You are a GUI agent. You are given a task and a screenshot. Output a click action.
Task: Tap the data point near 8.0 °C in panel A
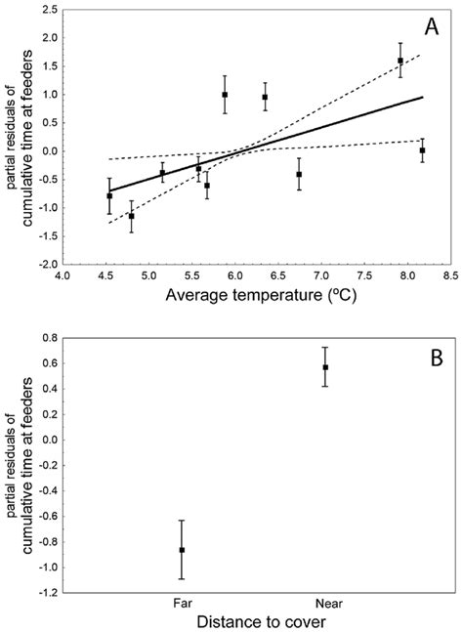tap(400, 61)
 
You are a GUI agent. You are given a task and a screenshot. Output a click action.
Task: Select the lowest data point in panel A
tap(131, 216)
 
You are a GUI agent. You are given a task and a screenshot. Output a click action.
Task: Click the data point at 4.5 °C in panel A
tap(109, 196)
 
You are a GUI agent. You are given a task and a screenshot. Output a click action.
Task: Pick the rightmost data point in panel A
tap(422, 150)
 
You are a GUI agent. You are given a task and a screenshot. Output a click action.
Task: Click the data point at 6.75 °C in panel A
tap(299, 174)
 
